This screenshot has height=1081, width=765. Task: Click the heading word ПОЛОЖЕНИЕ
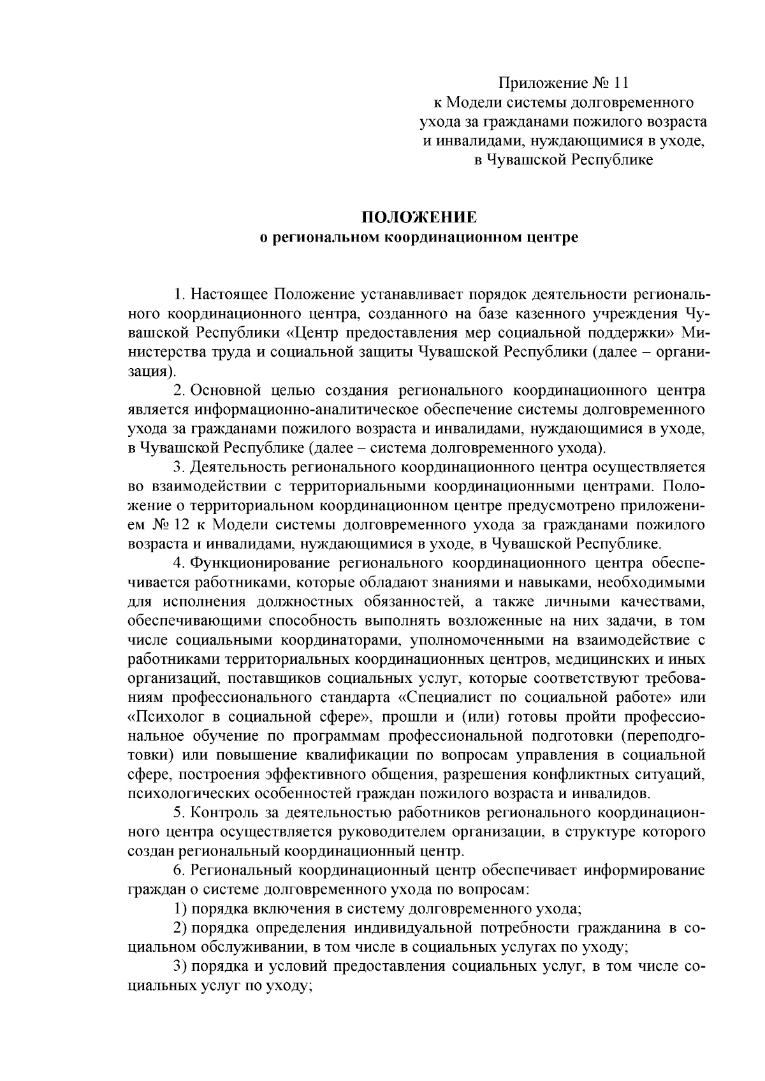point(419,218)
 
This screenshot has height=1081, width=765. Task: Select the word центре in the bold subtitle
point(553,238)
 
